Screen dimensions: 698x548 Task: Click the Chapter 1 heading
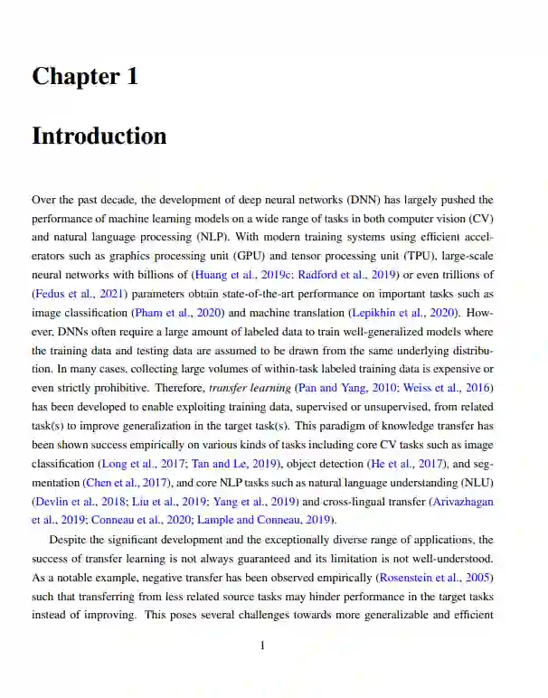tap(85, 77)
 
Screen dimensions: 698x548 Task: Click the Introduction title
tap(99, 137)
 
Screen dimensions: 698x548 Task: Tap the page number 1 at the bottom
tap(262, 646)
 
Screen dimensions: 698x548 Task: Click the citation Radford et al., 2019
tap(335, 275)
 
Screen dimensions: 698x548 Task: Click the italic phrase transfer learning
tap(250, 388)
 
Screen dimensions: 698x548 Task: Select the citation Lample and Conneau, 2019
tap(272, 520)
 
